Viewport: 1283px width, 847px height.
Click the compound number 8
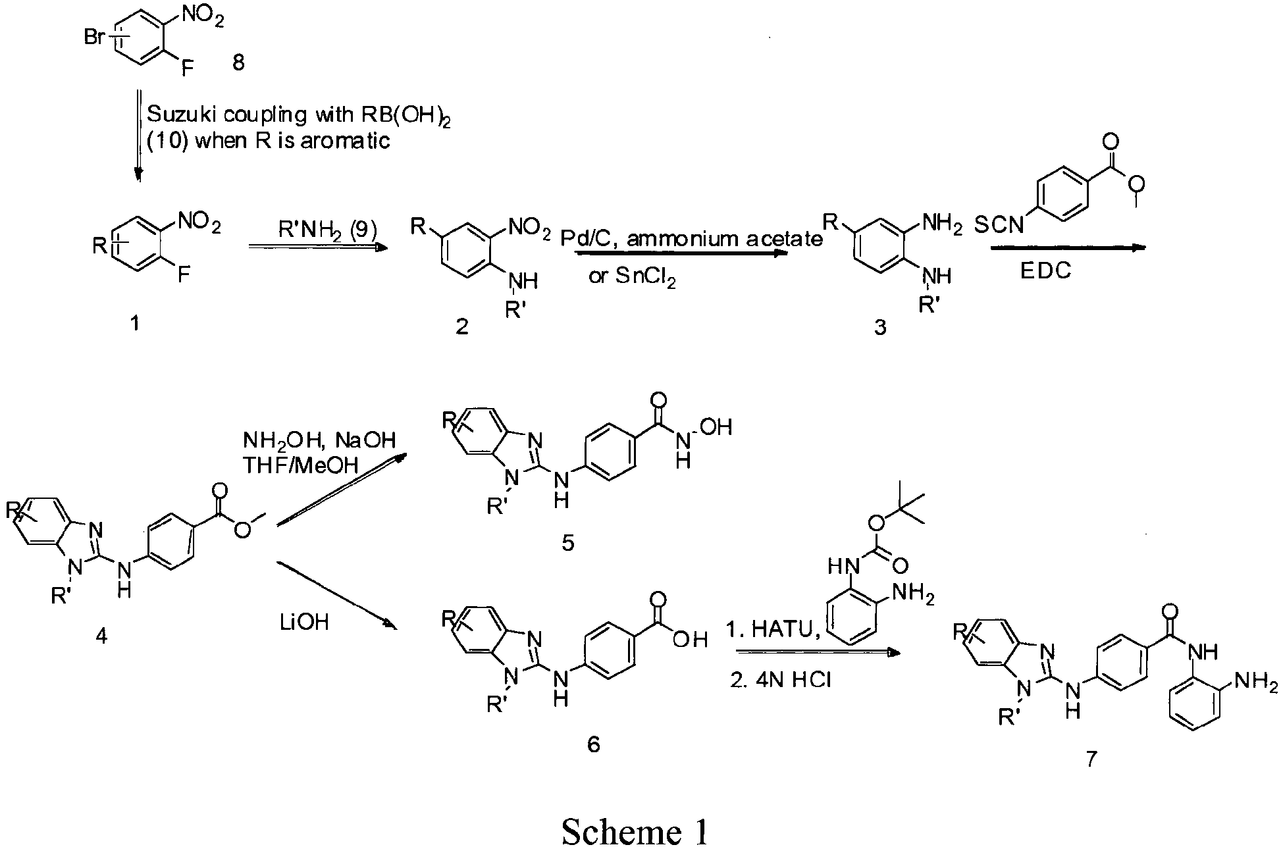click(238, 63)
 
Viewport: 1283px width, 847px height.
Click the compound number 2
click(463, 326)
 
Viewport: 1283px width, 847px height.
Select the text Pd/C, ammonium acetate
click(691, 238)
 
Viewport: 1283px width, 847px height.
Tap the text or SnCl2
click(632, 277)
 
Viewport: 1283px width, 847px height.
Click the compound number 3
click(880, 327)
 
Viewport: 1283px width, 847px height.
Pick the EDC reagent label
click(1045, 271)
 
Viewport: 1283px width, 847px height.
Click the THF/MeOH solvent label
click(301, 466)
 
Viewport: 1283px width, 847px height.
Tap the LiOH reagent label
click(303, 621)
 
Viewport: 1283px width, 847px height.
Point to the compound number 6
click(593, 744)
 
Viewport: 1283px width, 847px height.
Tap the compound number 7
click(1091, 759)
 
